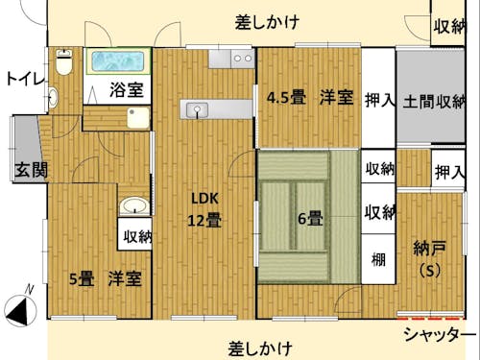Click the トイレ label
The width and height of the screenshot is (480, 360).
coord(23,78)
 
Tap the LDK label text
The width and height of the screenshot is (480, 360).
coord(205,199)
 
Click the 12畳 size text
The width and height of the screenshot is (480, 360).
coord(204,220)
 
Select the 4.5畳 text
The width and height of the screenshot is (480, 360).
coord(286,97)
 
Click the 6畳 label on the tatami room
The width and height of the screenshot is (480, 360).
coord(309,218)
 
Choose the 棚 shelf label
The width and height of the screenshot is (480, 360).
coord(379,259)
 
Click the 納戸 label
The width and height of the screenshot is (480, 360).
coord(425,248)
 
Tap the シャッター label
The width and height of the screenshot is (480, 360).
coord(439,334)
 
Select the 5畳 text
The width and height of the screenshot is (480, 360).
coord(81,279)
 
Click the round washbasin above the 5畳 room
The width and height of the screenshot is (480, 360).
coord(134,206)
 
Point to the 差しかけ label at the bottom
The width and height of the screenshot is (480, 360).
coord(260,347)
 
